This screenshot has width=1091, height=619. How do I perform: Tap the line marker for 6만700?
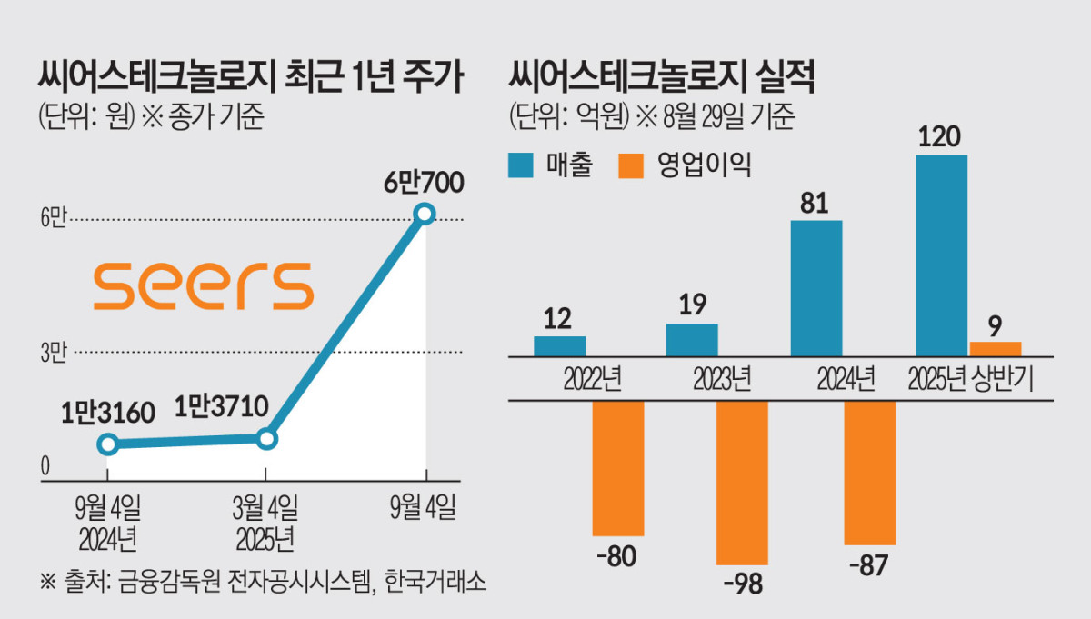(425, 215)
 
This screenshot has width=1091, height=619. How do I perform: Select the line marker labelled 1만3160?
(107, 444)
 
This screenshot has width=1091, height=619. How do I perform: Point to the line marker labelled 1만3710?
(265, 439)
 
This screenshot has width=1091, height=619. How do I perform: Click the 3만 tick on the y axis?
(53, 353)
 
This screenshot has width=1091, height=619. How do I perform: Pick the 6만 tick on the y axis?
(53, 219)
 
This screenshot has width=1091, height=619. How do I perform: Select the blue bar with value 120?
(941, 255)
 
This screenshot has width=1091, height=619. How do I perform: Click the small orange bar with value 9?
(996, 348)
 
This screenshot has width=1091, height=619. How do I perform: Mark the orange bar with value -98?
(742, 483)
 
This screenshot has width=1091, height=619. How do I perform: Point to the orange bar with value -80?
(618, 468)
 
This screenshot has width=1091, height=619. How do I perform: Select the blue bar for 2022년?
(559, 345)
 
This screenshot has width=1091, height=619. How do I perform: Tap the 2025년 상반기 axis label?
(972, 378)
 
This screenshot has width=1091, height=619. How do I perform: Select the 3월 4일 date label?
(265, 507)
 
